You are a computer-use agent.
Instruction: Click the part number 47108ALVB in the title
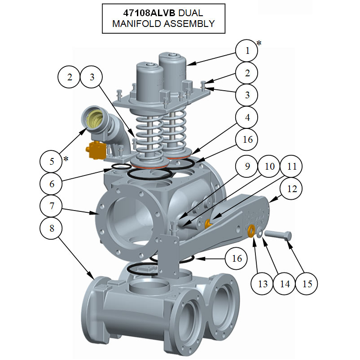click(x=149, y=13)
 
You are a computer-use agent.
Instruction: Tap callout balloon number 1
click(x=247, y=51)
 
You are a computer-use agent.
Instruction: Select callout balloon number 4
click(x=247, y=117)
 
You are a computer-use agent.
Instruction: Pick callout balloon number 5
click(x=51, y=161)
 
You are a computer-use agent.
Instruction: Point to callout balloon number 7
click(x=51, y=206)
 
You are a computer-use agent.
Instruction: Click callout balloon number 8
click(x=51, y=228)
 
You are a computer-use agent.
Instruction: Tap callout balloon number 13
click(x=263, y=284)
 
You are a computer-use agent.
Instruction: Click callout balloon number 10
click(x=269, y=166)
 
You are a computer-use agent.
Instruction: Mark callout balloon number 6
click(x=51, y=184)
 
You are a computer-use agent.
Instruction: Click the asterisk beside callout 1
click(x=259, y=43)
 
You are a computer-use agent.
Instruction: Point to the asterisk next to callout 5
click(x=66, y=158)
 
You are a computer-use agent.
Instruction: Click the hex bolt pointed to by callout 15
click(x=278, y=235)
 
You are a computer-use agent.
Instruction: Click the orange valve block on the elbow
click(x=97, y=150)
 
